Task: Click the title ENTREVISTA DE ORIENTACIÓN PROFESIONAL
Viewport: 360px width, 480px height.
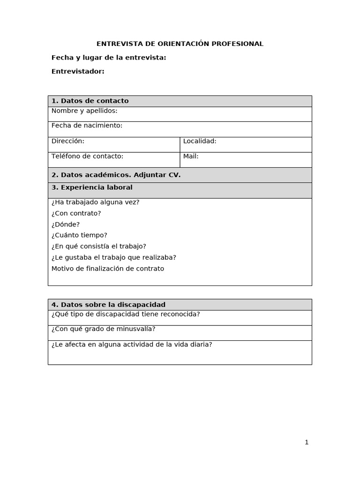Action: click(180, 44)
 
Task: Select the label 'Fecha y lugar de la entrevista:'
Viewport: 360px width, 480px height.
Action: click(109, 58)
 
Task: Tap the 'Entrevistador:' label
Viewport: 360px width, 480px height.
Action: click(78, 71)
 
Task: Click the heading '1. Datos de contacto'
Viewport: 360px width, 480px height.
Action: click(90, 101)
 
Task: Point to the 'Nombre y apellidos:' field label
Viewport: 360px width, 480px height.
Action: click(84, 111)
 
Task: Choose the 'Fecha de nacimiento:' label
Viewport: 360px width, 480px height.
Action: click(87, 126)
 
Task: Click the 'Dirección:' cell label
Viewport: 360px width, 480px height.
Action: click(68, 141)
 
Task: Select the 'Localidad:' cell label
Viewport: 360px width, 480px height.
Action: click(200, 141)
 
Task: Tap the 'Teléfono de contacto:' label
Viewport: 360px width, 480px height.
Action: click(87, 156)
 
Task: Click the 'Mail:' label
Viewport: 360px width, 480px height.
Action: click(191, 156)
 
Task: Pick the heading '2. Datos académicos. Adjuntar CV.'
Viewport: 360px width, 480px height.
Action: click(116, 175)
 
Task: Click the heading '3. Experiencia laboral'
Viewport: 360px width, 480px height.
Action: click(92, 187)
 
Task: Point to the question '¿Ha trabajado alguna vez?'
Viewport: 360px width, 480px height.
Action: click(95, 202)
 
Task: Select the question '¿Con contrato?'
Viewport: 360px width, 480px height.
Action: click(76, 213)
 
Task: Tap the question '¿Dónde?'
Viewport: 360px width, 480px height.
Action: click(66, 225)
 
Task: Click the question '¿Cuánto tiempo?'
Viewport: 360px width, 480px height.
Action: click(79, 235)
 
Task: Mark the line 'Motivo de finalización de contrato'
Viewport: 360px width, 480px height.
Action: click(108, 269)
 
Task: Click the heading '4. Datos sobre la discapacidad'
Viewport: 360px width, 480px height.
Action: click(108, 305)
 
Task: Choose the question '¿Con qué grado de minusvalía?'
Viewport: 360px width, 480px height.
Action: click(103, 329)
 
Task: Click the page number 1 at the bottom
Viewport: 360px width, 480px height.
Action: click(307, 442)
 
